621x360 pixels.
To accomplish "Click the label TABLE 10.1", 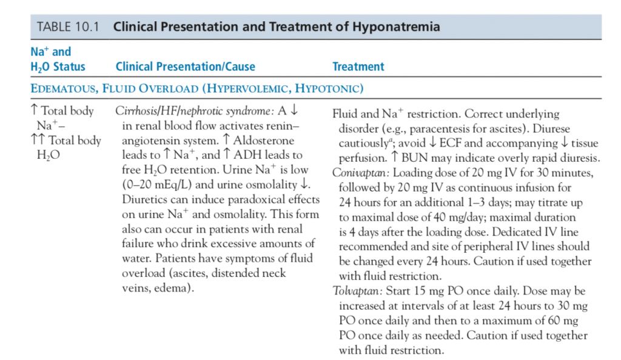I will pos(69,27).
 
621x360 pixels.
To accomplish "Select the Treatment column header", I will pos(358,67).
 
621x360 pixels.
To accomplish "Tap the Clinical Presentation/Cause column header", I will pos(185,67).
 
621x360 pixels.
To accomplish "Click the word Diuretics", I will pos(135,199).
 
